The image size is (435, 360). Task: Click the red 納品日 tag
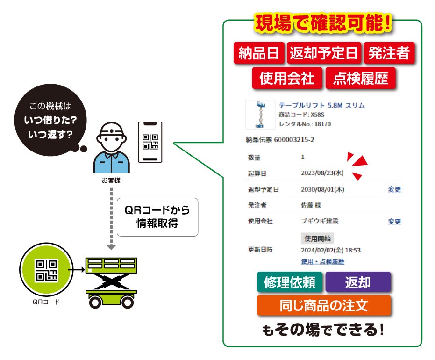258,54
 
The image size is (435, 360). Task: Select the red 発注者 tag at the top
388,54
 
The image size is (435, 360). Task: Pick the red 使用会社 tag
287,78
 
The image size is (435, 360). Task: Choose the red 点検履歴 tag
360,78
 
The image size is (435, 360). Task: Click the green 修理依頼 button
289,282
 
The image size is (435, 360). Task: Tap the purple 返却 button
357,282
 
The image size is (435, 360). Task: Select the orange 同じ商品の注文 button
323,305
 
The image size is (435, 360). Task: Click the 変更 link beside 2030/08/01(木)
394,189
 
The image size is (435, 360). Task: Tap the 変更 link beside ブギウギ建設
394,222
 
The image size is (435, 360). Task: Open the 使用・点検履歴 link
322,262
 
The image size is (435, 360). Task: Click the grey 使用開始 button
317,238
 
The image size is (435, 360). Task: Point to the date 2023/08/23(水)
322,173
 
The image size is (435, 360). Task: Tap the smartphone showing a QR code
150,142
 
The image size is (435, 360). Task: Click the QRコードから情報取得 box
157,217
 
